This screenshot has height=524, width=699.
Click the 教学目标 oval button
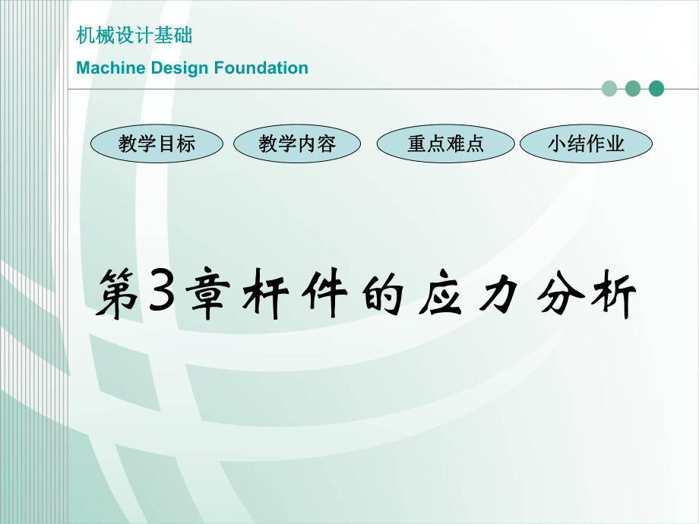click(157, 144)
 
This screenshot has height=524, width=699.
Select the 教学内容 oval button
click(296, 144)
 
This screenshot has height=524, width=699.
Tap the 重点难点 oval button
click(445, 144)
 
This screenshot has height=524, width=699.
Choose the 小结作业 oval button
click(586, 144)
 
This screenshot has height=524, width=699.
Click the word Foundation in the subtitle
click(261, 68)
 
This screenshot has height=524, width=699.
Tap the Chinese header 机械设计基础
click(134, 36)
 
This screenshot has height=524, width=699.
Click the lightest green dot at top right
click(609, 89)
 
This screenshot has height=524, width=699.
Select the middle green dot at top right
click(633, 89)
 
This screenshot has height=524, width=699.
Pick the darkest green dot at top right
click(656, 89)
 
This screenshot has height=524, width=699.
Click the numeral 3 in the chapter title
click(158, 292)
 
